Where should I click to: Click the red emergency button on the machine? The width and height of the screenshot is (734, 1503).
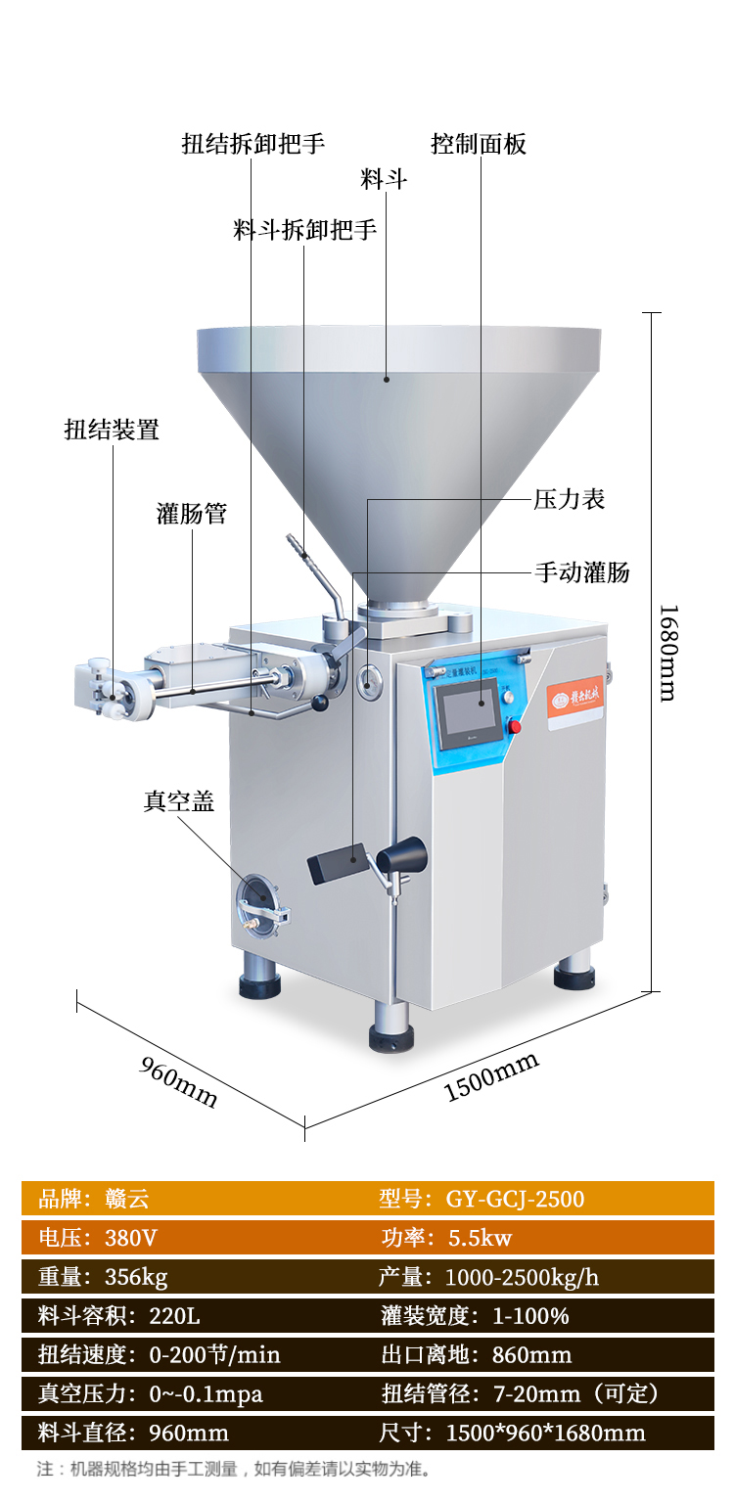pyautogui.click(x=515, y=725)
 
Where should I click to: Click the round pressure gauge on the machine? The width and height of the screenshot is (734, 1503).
pyautogui.click(x=369, y=681)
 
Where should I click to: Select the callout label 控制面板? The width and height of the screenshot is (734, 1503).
pyautogui.click(x=479, y=145)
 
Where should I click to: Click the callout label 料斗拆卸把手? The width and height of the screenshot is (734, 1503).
pyautogui.click(x=305, y=230)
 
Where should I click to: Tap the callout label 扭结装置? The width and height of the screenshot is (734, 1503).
pyautogui.click(x=112, y=429)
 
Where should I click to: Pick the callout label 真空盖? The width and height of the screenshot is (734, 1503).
pyautogui.click(x=178, y=801)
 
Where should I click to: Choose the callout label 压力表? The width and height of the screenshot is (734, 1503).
pyautogui.click(x=570, y=499)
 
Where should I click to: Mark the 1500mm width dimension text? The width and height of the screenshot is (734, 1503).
pyautogui.click(x=492, y=1076)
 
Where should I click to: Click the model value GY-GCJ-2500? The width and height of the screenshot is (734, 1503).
pyautogui.click(x=515, y=1199)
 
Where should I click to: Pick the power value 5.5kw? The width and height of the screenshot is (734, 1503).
pyautogui.click(x=480, y=1238)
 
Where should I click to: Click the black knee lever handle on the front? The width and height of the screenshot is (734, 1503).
pyautogui.click(x=336, y=862)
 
